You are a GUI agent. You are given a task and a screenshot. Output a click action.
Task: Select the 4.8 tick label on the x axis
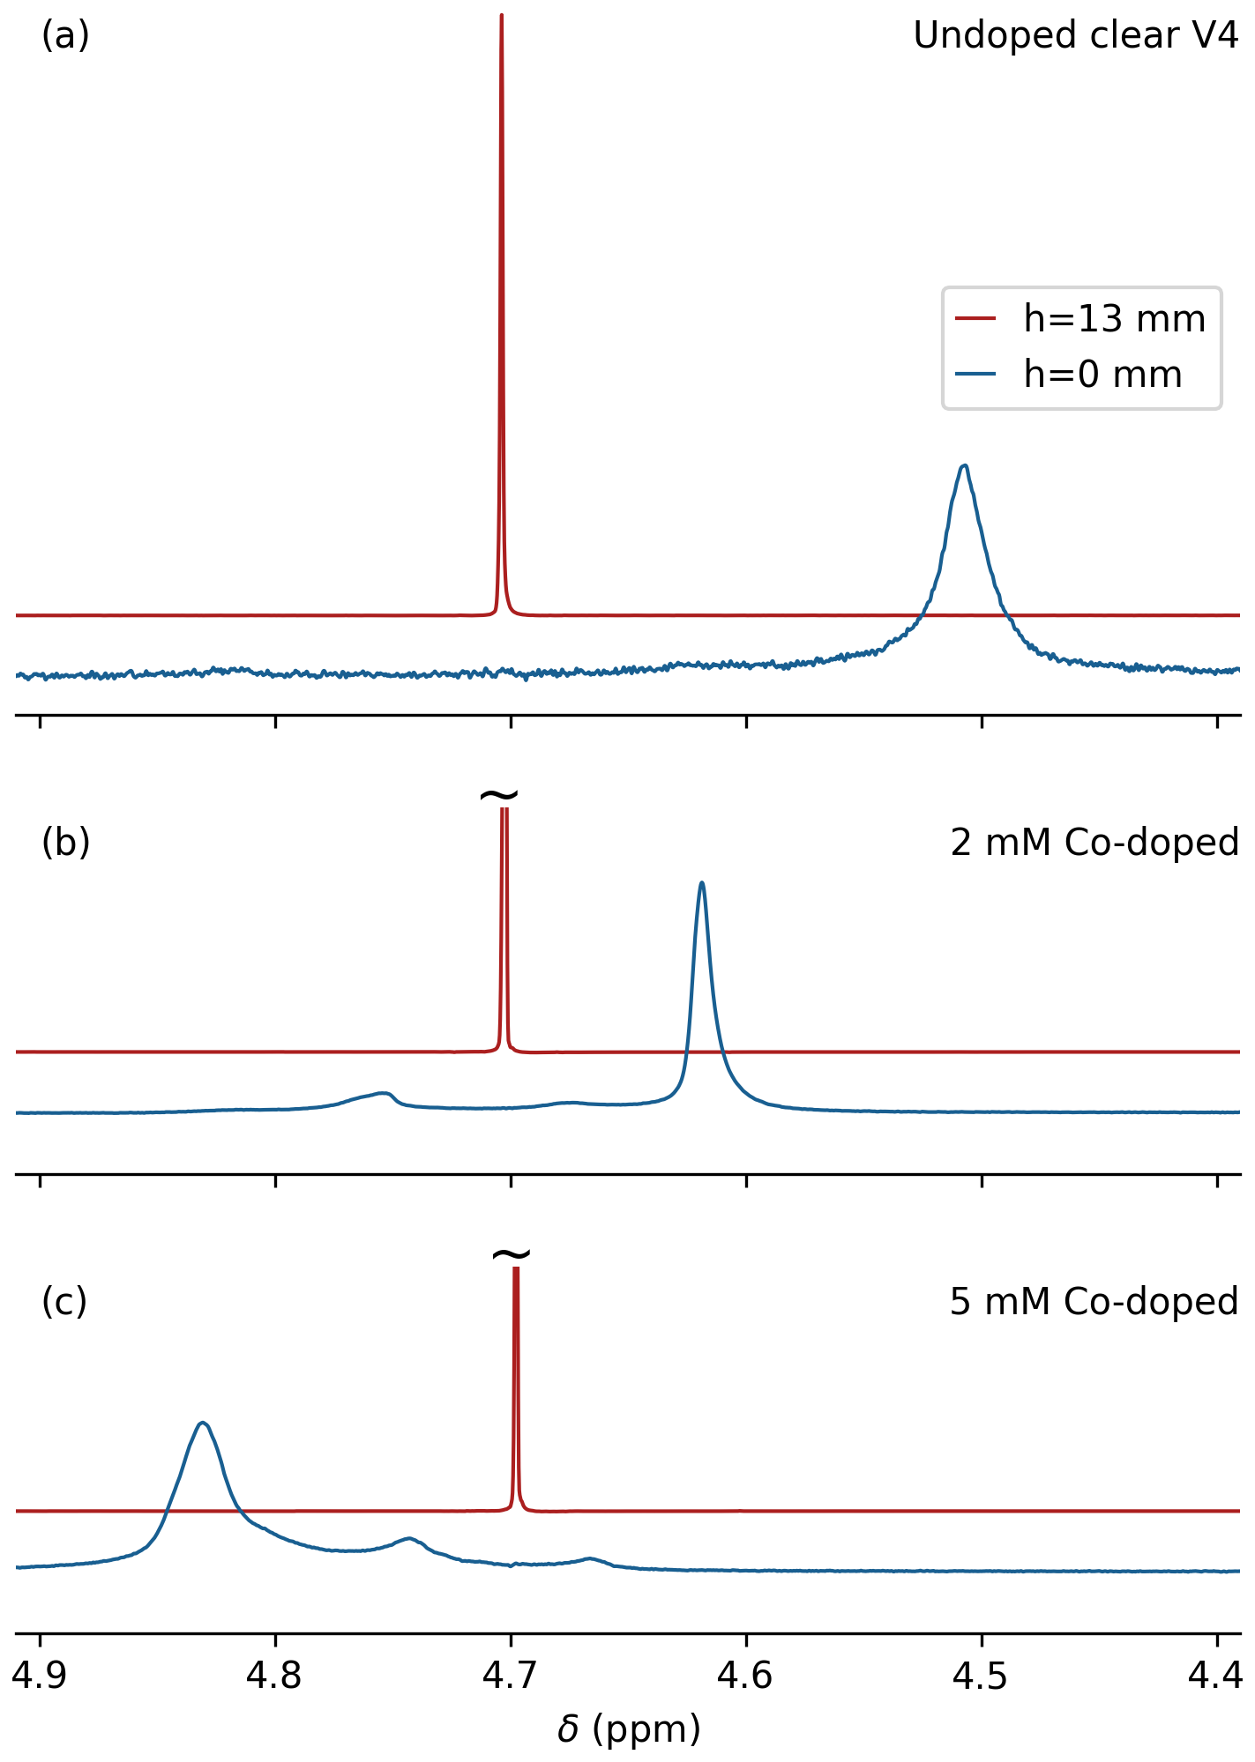pos(275,1675)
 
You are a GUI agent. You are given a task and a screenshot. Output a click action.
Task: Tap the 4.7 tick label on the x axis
pos(511,1675)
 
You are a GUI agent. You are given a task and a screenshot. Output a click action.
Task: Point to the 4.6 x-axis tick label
pos(746,1675)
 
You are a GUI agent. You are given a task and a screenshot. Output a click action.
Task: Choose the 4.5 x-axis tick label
pos(982,1675)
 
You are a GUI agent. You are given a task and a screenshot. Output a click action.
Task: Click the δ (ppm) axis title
pos(628,1729)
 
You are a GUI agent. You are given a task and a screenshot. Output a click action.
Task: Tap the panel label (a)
pos(65,36)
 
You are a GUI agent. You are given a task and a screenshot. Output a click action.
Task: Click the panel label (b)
pos(65,843)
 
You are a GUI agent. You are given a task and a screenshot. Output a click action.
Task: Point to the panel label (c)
pos(64,1302)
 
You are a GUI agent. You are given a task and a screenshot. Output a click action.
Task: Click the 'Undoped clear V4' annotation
pos(1075,36)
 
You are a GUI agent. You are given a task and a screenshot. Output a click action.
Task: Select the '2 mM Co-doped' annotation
pos(1094,843)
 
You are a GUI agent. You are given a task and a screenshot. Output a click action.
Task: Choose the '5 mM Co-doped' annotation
pos(1094,1302)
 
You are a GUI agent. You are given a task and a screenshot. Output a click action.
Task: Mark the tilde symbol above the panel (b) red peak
pos(499,795)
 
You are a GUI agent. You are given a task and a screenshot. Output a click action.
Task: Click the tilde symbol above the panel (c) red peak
pos(512,1254)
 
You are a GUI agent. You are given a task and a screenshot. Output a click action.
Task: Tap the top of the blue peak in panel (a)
pos(965,465)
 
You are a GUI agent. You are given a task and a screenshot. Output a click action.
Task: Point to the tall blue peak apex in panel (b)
pos(701,882)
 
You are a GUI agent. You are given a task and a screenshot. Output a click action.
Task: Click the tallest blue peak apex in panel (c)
pos(203,1422)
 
